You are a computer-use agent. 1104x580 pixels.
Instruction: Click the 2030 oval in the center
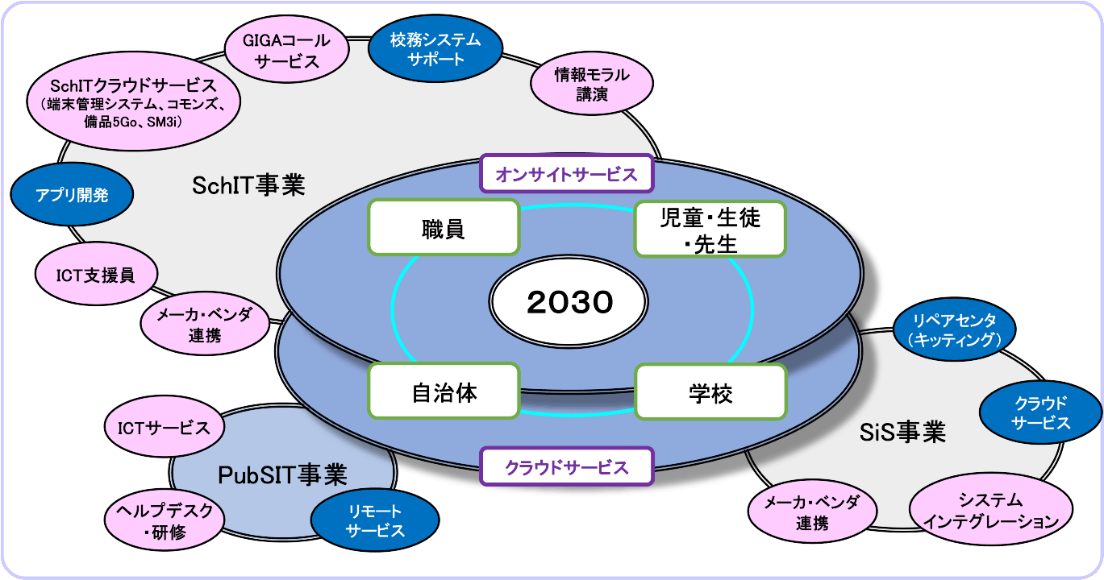click(x=569, y=303)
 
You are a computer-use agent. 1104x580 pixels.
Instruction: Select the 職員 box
click(x=443, y=228)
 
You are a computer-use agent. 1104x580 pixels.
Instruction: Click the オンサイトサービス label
click(x=565, y=172)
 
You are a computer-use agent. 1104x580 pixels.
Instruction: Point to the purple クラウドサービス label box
click(x=565, y=467)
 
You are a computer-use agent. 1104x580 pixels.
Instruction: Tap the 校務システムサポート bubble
click(x=435, y=49)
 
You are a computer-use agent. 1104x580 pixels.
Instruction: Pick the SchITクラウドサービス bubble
click(x=134, y=102)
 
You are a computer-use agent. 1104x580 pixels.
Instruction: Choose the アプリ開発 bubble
click(x=72, y=195)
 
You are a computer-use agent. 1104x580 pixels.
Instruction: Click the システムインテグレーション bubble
click(x=991, y=511)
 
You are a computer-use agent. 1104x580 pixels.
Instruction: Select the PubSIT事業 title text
click(x=282, y=475)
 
